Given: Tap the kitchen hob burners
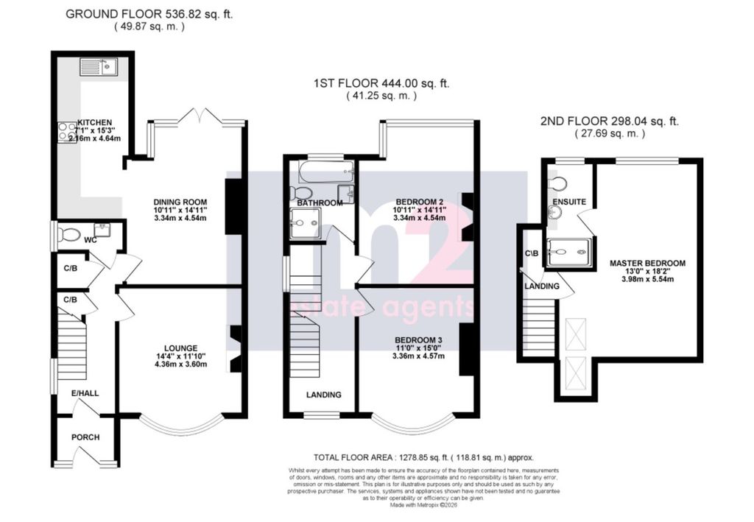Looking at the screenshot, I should tap(62, 131).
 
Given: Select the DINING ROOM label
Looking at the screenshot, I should tap(180, 202).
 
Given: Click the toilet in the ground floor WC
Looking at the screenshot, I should tap(71, 235).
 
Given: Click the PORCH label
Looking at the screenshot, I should tap(85, 437).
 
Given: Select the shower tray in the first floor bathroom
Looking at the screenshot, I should tap(304, 223).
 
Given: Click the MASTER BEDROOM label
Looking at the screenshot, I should tap(647, 263).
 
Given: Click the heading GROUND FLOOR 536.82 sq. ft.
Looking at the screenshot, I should tap(149, 13).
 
